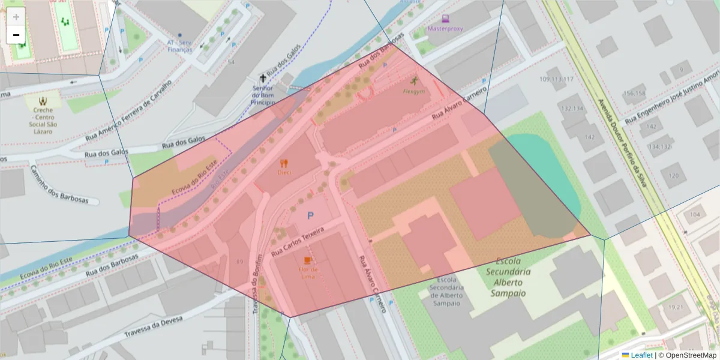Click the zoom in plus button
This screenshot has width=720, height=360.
pyautogui.click(x=16, y=17)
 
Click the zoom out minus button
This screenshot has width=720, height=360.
pyautogui.click(x=16, y=35)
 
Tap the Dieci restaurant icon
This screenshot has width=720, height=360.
pyautogui.click(x=284, y=163)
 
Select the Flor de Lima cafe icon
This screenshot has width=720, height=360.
pyautogui.click(x=308, y=260)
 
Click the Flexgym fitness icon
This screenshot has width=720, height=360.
pyautogui.click(x=414, y=81)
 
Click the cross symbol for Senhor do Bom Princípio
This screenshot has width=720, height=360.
pyautogui.click(x=262, y=78)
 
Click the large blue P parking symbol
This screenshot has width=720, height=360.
pyautogui.click(x=311, y=215)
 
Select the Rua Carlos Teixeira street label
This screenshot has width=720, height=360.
pyautogui.click(x=298, y=242)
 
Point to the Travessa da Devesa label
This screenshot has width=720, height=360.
pyautogui.click(x=153, y=327)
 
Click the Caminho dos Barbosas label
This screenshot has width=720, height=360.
pyautogui.click(x=59, y=185)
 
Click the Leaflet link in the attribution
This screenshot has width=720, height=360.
pyautogui.click(x=641, y=355)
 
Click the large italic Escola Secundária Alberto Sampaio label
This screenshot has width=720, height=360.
pyautogui.click(x=508, y=277)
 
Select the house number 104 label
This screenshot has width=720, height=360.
pyautogui.click(x=695, y=214)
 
